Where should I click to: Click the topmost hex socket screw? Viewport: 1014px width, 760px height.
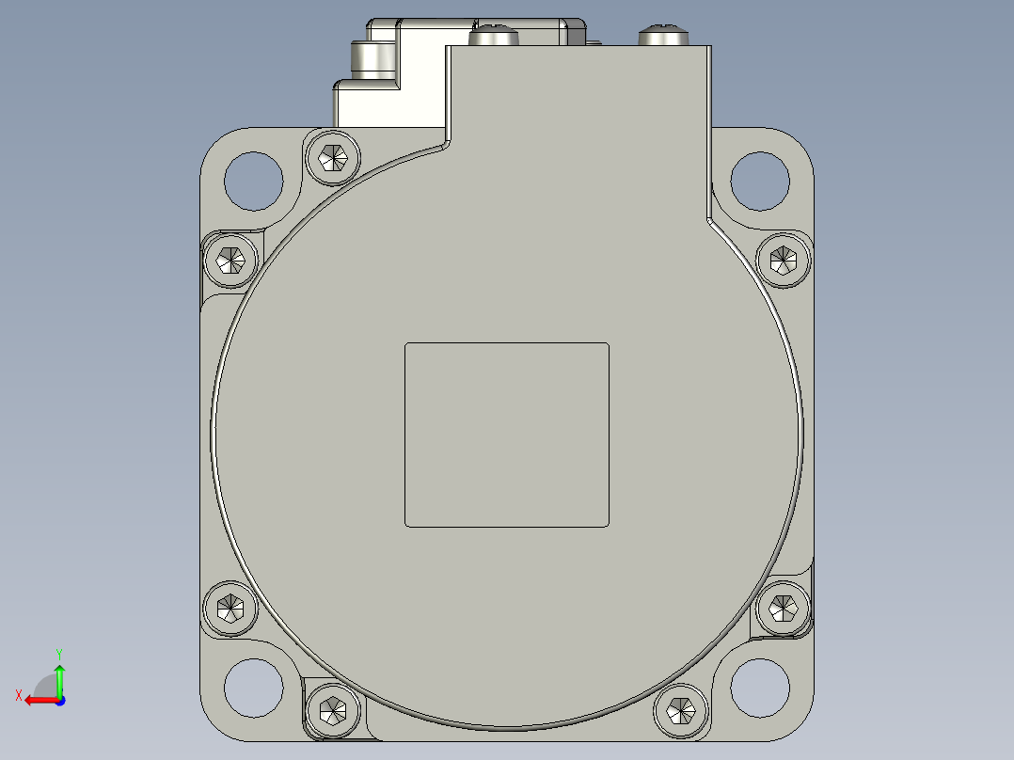pyautogui.click(x=333, y=157)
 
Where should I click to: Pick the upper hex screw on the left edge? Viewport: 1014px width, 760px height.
pyautogui.click(x=230, y=259)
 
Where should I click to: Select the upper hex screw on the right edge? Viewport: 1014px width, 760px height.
pyautogui.click(x=783, y=259)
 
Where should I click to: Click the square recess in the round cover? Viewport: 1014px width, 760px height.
pyautogui.click(x=507, y=435)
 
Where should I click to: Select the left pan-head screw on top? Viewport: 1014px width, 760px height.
pyautogui.click(x=494, y=37)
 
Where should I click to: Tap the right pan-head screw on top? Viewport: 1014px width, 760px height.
pyautogui.click(x=664, y=37)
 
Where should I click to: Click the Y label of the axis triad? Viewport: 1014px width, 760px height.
pyautogui.click(x=58, y=652)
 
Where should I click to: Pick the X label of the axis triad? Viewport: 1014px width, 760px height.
pyautogui.click(x=18, y=695)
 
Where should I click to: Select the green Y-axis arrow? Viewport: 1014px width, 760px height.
pyautogui.click(x=59, y=679)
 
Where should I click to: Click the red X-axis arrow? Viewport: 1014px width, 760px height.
pyautogui.click(x=38, y=700)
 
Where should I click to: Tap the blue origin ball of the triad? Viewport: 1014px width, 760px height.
pyautogui.click(x=59, y=700)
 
